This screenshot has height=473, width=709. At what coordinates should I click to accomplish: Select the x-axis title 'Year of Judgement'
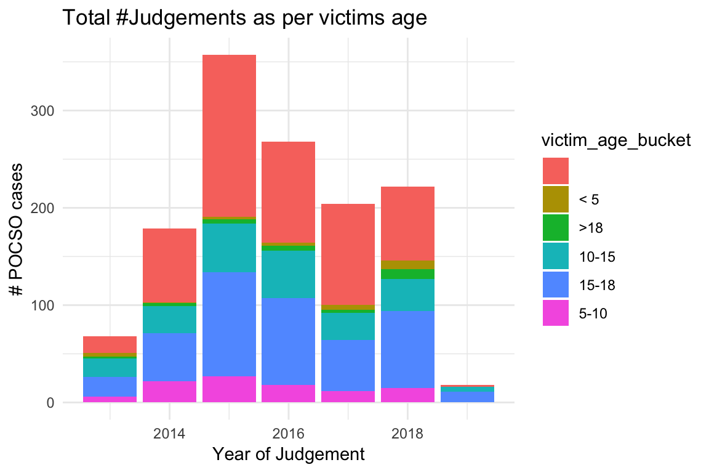tap(289, 455)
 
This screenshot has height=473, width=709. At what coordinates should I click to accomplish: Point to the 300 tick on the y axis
tap(44, 111)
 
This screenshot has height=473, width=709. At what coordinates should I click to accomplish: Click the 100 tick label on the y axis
tap(44, 305)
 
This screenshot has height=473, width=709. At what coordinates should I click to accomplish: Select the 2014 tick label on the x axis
tap(169, 434)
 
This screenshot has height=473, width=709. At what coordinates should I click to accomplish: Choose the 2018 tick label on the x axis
tap(407, 434)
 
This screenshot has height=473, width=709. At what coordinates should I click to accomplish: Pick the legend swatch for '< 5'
tap(556, 199)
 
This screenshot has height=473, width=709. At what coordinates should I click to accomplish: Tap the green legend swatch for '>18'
tap(556, 227)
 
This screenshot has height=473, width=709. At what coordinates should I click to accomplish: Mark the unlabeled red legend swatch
tap(556, 171)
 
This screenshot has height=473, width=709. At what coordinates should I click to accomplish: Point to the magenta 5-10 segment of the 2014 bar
tap(169, 392)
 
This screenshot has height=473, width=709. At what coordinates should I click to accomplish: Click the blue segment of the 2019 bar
tap(467, 397)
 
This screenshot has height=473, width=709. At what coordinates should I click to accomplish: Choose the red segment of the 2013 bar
tap(110, 344)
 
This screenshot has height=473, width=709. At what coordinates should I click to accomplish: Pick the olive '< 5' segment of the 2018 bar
tap(407, 265)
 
